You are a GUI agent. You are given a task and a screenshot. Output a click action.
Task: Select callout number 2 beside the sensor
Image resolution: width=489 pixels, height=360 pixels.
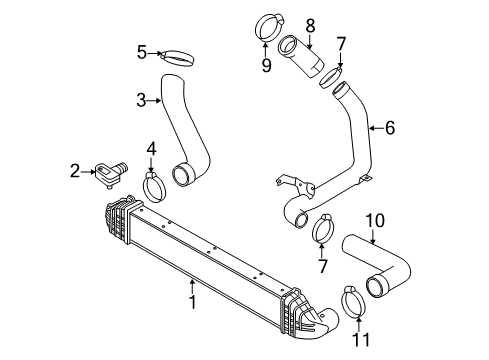point(76,173)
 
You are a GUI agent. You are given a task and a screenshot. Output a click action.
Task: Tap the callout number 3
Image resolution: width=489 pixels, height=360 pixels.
point(142,99)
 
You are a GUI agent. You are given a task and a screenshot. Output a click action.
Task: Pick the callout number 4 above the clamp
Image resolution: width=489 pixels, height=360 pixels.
point(152,150)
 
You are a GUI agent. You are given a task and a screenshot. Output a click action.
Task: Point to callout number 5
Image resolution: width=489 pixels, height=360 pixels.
point(142,51)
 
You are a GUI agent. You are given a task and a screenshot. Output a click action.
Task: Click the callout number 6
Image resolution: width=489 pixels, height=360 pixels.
point(389,127)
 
